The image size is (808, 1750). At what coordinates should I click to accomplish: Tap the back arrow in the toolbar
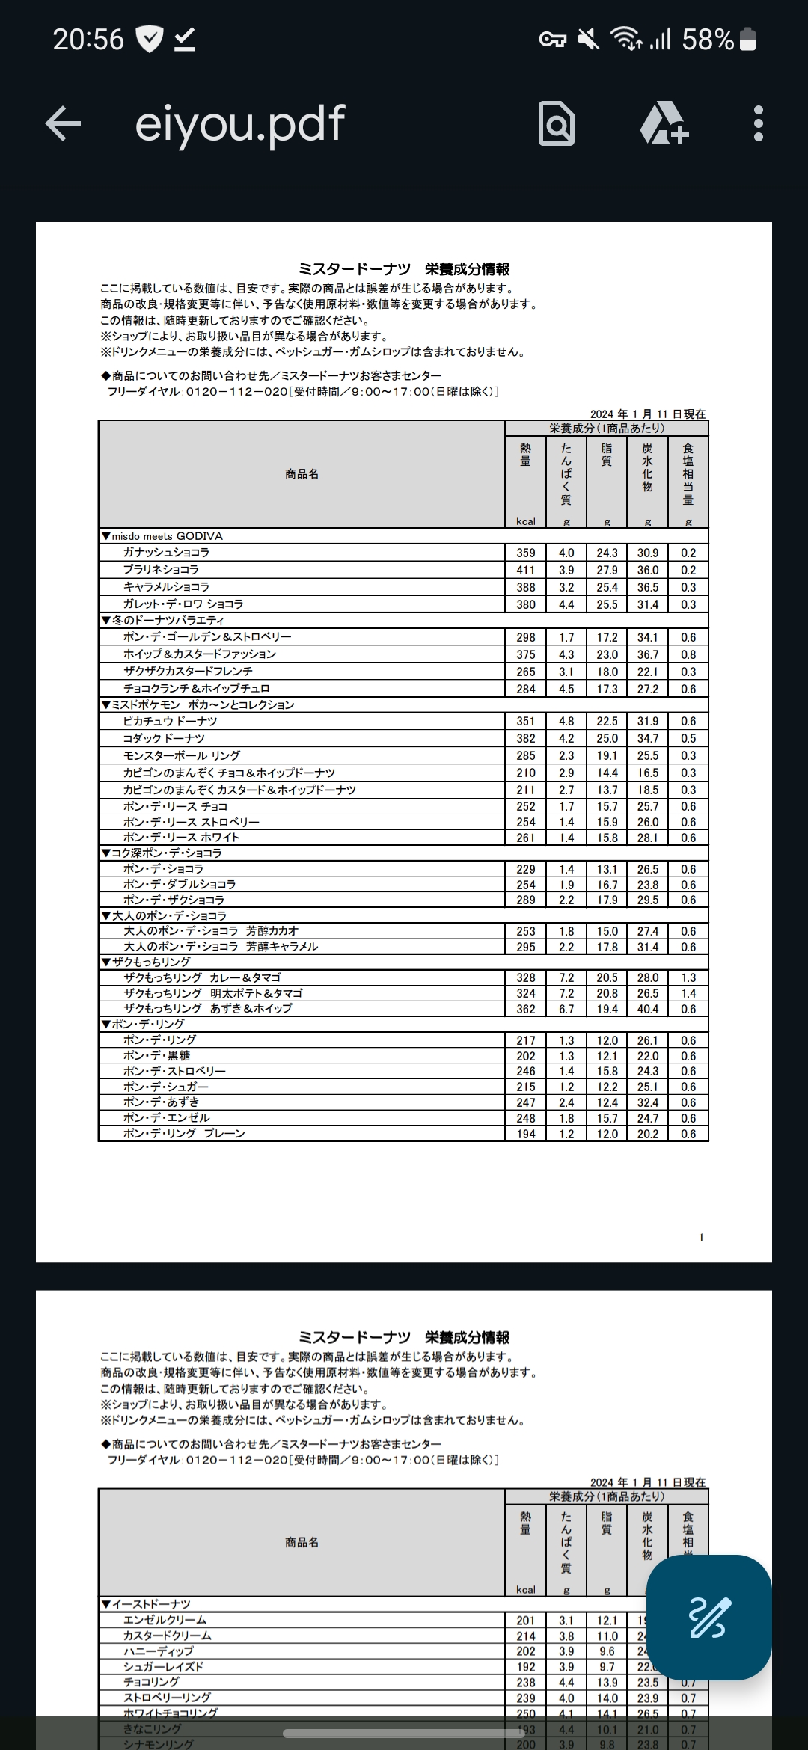63,123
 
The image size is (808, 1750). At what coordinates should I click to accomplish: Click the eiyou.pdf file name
239,123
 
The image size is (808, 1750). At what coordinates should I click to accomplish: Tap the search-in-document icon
557,123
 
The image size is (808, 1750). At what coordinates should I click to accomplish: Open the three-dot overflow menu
758,123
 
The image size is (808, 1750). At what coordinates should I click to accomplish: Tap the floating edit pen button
708,1618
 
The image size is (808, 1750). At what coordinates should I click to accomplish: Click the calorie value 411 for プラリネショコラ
526,570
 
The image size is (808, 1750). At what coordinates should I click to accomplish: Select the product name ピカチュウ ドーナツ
171,722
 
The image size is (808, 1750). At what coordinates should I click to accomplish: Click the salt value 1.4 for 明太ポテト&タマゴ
688,994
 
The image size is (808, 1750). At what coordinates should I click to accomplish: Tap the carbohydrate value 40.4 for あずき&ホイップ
648,1009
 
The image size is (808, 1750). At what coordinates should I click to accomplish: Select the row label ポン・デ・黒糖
157,1056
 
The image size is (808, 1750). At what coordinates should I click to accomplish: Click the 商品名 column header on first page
302,474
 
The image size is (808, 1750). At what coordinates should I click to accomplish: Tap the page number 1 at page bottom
701,1238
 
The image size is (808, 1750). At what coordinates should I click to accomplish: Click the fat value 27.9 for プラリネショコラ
607,570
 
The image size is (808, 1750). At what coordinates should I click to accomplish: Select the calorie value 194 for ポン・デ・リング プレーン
526,1134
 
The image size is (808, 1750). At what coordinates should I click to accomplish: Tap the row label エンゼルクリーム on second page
165,1620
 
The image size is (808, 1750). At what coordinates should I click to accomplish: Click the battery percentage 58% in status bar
708,39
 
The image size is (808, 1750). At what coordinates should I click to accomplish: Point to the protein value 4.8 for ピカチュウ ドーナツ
566,722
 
